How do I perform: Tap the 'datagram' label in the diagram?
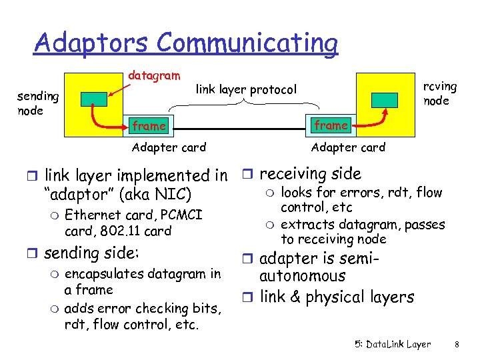click(x=153, y=77)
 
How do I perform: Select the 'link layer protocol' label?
click(x=245, y=89)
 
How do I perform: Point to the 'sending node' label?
click(x=38, y=103)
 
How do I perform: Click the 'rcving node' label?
click(x=441, y=93)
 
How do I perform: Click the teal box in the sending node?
click(x=93, y=99)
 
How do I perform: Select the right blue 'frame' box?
click(x=331, y=125)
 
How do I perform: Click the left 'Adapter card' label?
click(x=169, y=147)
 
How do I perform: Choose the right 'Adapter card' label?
click(x=348, y=147)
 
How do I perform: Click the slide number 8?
click(x=457, y=345)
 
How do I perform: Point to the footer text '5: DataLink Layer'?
click(x=392, y=345)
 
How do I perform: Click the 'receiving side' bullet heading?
click(x=310, y=174)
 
